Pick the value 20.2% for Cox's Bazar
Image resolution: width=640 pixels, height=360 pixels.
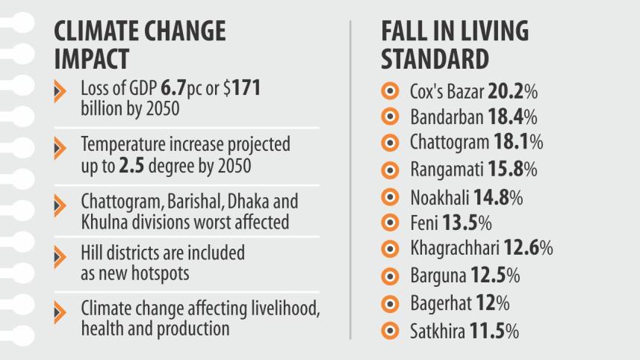point(513,93)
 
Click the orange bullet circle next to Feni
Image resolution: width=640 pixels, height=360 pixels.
point(390,223)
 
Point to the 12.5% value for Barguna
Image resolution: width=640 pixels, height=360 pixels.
point(495,276)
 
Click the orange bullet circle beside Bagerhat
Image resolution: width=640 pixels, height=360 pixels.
point(390,303)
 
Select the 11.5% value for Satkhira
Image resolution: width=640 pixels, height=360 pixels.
point(494,330)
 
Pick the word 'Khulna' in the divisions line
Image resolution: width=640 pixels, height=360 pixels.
point(102,222)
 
